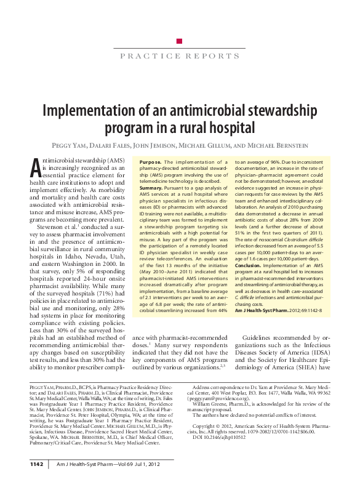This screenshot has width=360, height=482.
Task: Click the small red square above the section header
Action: (179, 41)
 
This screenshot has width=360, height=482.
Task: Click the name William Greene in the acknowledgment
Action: (219, 404)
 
